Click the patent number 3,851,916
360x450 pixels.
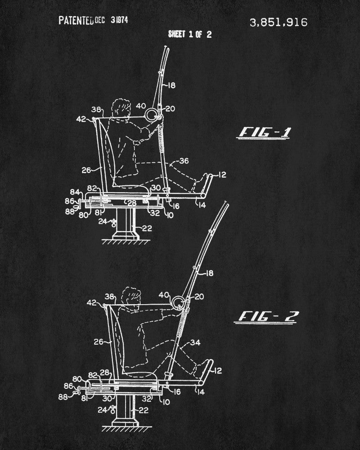point(278,23)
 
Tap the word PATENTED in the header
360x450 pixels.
point(76,21)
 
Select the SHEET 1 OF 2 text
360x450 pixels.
point(189,34)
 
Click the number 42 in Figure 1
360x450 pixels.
point(81,119)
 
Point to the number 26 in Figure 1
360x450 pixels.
point(86,170)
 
